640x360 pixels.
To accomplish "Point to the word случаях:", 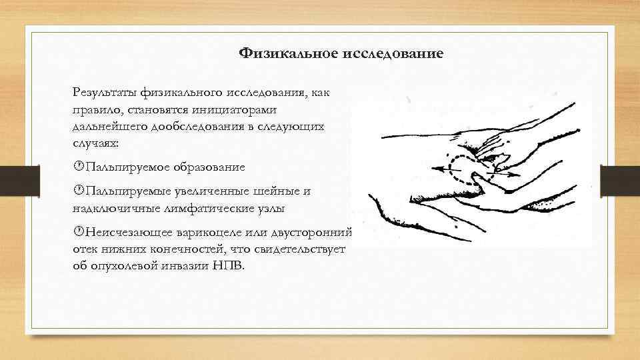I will pyautogui.click(x=96, y=143).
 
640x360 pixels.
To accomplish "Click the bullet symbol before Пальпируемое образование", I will pyautogui.click(x=78, y=167).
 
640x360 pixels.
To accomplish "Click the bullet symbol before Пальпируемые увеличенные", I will pyautogui.click(x=78, y=191).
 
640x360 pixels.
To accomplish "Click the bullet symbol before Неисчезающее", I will pyautogui.click(x=78, y=233).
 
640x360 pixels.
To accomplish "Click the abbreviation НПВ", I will pyautogui.click(x=230, y=266).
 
